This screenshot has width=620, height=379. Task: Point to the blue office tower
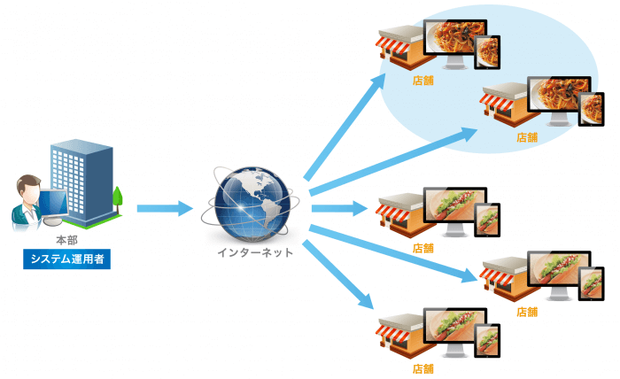(83, 177)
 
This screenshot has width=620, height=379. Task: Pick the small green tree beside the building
(117, 197)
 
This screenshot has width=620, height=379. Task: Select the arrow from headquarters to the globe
(165, 209)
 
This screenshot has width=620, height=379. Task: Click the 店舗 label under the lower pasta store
(527, 137)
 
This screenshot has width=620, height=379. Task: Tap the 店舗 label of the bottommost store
(423, 367)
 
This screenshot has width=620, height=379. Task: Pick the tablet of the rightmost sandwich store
(591, 282)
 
